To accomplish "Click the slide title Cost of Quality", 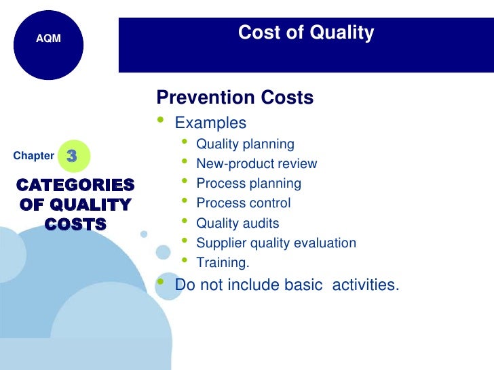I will (305, 33).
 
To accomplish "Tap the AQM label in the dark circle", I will (48, 39).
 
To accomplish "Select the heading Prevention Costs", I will (235, 98).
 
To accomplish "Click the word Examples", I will (210, 123).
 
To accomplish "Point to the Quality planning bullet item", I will (245, 144).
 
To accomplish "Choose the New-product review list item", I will (256, 163).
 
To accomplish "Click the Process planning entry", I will (248, 183).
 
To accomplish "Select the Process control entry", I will (243, 203).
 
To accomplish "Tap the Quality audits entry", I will (237, 223).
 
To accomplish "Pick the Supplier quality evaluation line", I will (275, 243).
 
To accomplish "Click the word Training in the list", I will (223, 262).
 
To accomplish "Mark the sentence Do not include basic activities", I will (287, 285).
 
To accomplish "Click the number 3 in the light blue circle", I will (72, 156).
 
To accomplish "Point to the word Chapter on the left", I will (33, 156).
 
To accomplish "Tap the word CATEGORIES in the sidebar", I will (75, 185).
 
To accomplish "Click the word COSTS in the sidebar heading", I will (75, 224).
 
